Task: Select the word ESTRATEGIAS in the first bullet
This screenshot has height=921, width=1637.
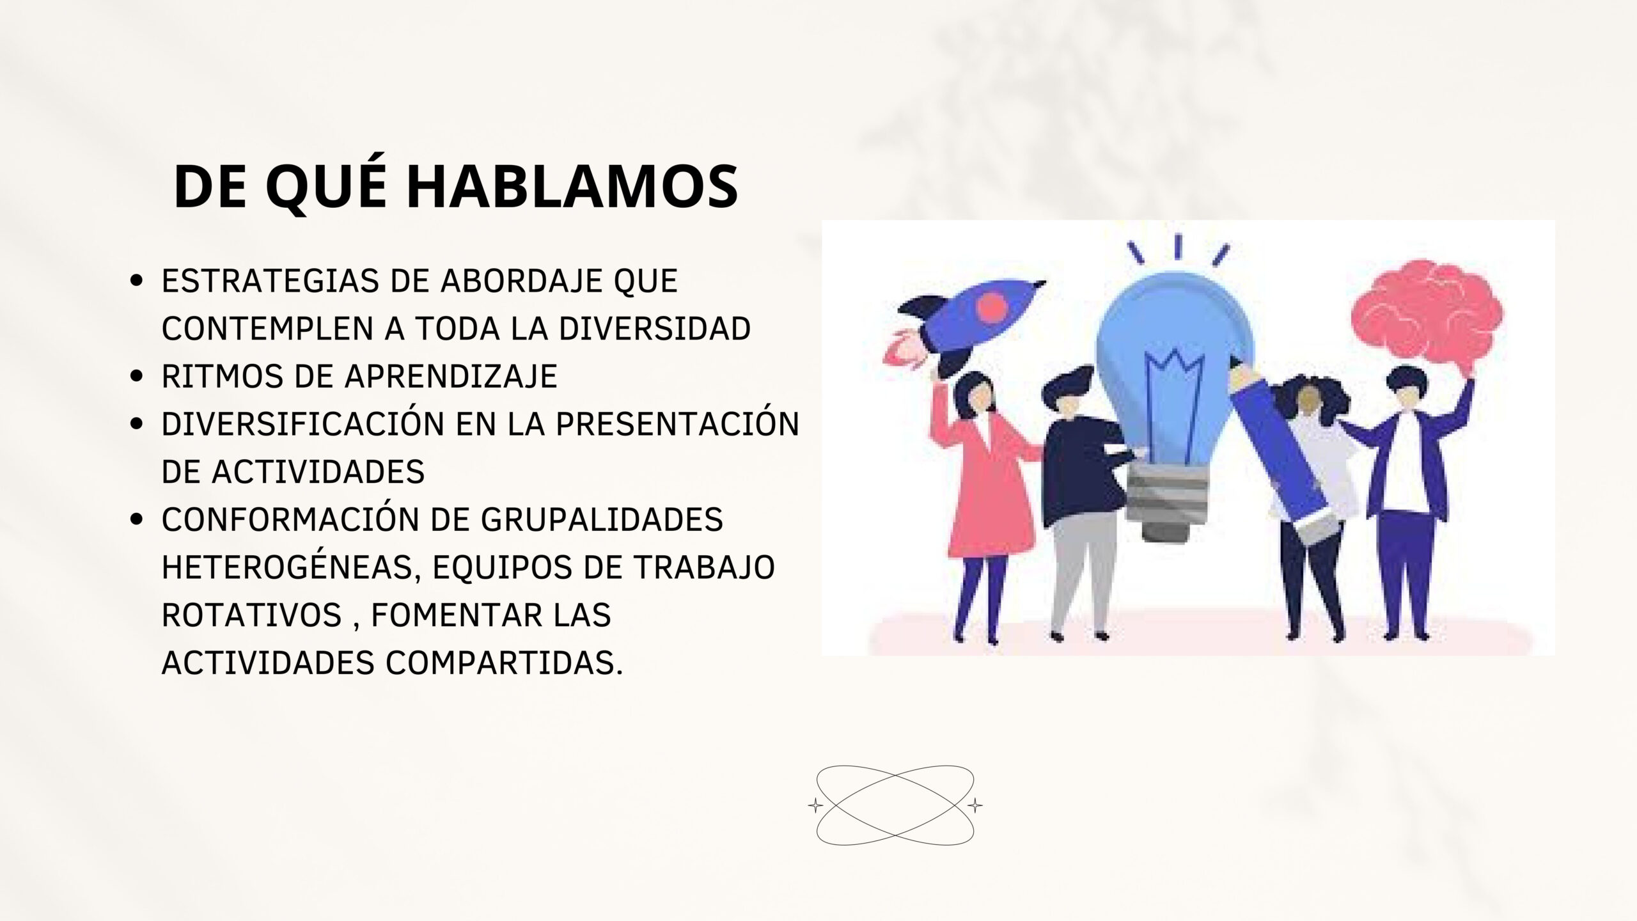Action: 270,281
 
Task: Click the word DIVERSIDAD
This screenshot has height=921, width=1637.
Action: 655,329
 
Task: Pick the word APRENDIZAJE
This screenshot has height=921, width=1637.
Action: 451,376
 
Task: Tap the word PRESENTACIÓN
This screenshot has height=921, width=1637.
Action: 677,423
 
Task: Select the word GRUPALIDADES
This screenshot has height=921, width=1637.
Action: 602,519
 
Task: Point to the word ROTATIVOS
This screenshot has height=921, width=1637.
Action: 251,615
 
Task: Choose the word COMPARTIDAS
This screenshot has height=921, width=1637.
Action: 504,663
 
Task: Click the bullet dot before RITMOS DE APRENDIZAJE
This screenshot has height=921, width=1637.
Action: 136,377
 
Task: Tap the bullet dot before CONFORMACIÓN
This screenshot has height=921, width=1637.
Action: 136,520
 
